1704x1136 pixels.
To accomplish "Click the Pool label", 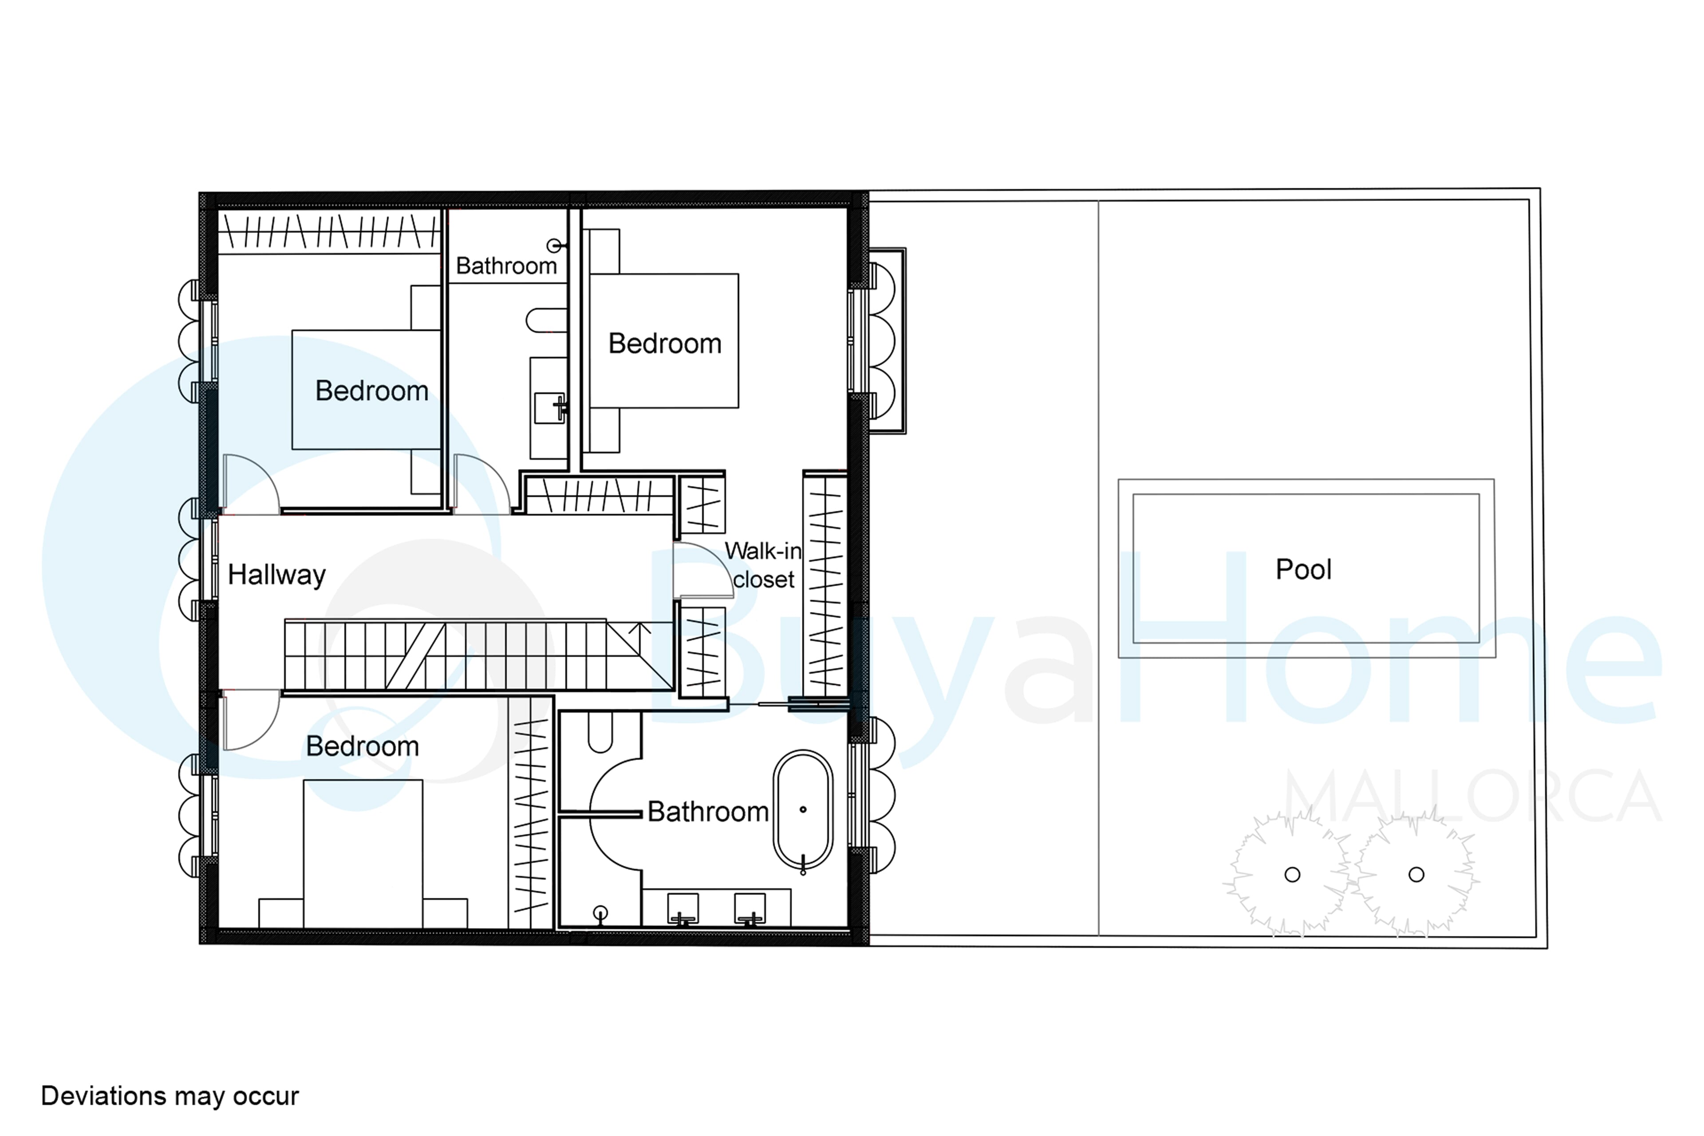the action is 1303,569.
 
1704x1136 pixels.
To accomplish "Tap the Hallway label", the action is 277,575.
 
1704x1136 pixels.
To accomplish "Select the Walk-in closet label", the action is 764,565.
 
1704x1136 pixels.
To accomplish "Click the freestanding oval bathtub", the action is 803,809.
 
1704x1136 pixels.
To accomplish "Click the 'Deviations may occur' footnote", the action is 170,1096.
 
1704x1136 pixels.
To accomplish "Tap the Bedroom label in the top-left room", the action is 372,391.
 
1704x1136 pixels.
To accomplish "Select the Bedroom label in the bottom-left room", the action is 362,746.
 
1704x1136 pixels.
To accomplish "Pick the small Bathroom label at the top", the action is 506,266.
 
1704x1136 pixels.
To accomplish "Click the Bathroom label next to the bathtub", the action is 708,812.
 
